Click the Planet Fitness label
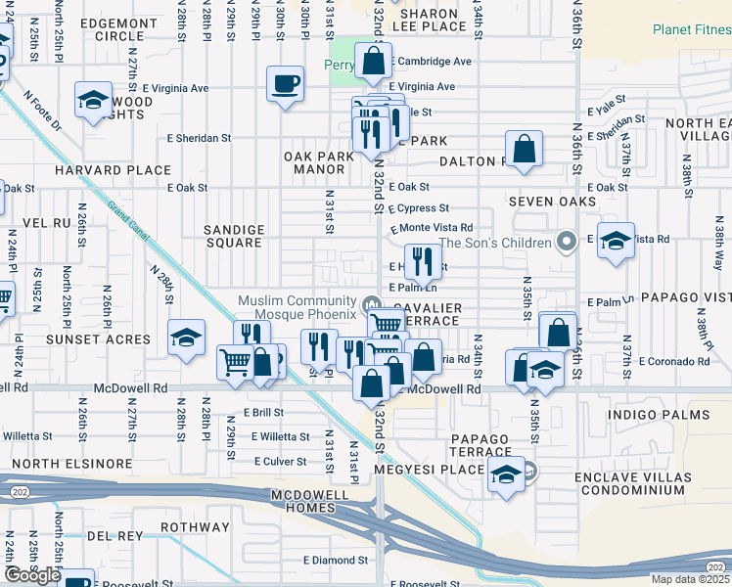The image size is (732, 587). click(691, 29)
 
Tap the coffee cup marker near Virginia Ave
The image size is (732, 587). click(286, 84)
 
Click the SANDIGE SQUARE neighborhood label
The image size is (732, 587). click(232, 236)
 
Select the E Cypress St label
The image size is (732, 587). click(418, 208)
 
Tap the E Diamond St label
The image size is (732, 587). click(335, 561)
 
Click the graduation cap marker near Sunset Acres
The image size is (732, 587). click(186, 338)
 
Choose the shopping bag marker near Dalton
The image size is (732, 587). click(525, 150)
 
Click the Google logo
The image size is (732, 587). click(32, 575)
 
